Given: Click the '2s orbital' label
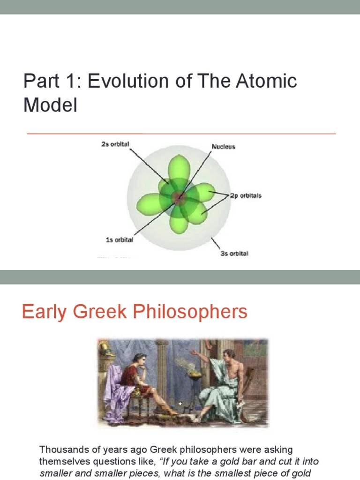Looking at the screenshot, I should tap(114, 144).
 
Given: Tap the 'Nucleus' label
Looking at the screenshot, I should tap(223, 147).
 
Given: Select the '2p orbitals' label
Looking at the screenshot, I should tap(245, 195).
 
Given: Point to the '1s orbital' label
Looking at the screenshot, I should tap(119, 240).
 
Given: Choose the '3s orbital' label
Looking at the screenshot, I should tap(234, 254).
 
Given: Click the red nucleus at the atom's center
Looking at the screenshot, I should tap(179, 198).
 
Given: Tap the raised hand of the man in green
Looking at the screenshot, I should tap(194, 352).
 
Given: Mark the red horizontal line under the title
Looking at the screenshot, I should tap(181, 134).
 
